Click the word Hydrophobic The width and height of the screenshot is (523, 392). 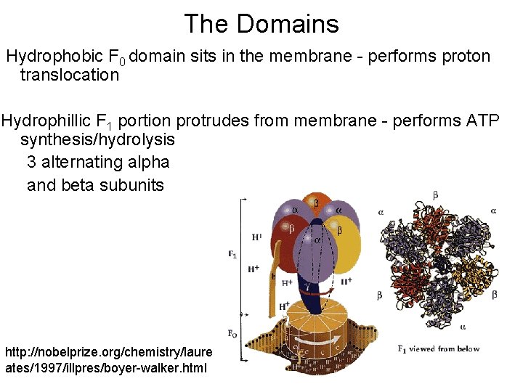[54, 56]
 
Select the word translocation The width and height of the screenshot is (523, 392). [70, 75]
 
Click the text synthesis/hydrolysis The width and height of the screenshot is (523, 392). [97, 138]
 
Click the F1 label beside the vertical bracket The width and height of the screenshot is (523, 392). [232, 254]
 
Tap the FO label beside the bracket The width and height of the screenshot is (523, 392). [232, 334]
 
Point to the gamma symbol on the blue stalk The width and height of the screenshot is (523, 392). [307, 285]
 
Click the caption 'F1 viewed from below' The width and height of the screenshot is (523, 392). [439, 349]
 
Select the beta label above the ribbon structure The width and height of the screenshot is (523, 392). [435, 195]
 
